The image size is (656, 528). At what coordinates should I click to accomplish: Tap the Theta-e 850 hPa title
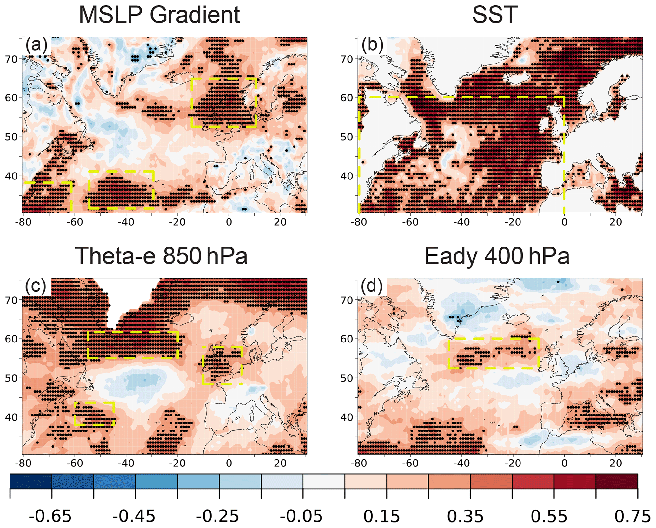pyautogui.click(x=161, y=256)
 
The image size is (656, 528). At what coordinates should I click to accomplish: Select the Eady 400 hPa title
pyautogui.click(x=497, y=256)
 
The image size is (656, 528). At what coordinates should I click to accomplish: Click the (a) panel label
pyautogui.click(x=36, y=45)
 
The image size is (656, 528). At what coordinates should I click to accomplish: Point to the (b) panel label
pyautogui.click(x=372, y=45)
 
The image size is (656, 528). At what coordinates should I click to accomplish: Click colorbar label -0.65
pyautogui.click(x=50, y=517)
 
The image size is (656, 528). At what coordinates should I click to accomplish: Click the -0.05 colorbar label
pyautogui.click(x=301, y=517)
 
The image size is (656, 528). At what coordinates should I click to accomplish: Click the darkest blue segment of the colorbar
pyautogui.click(x=31, y=481)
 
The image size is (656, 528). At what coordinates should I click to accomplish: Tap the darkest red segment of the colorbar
pyautogui.click(x=617, y=481)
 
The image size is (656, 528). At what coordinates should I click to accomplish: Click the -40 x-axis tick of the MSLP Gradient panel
pyautogui.click(x=126, y=222)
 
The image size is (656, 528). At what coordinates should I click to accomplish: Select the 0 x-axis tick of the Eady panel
pyautogui.click(x=564, y=463)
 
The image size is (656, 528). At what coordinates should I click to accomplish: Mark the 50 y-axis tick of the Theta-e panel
pyautogui.click(x=11, y=378)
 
